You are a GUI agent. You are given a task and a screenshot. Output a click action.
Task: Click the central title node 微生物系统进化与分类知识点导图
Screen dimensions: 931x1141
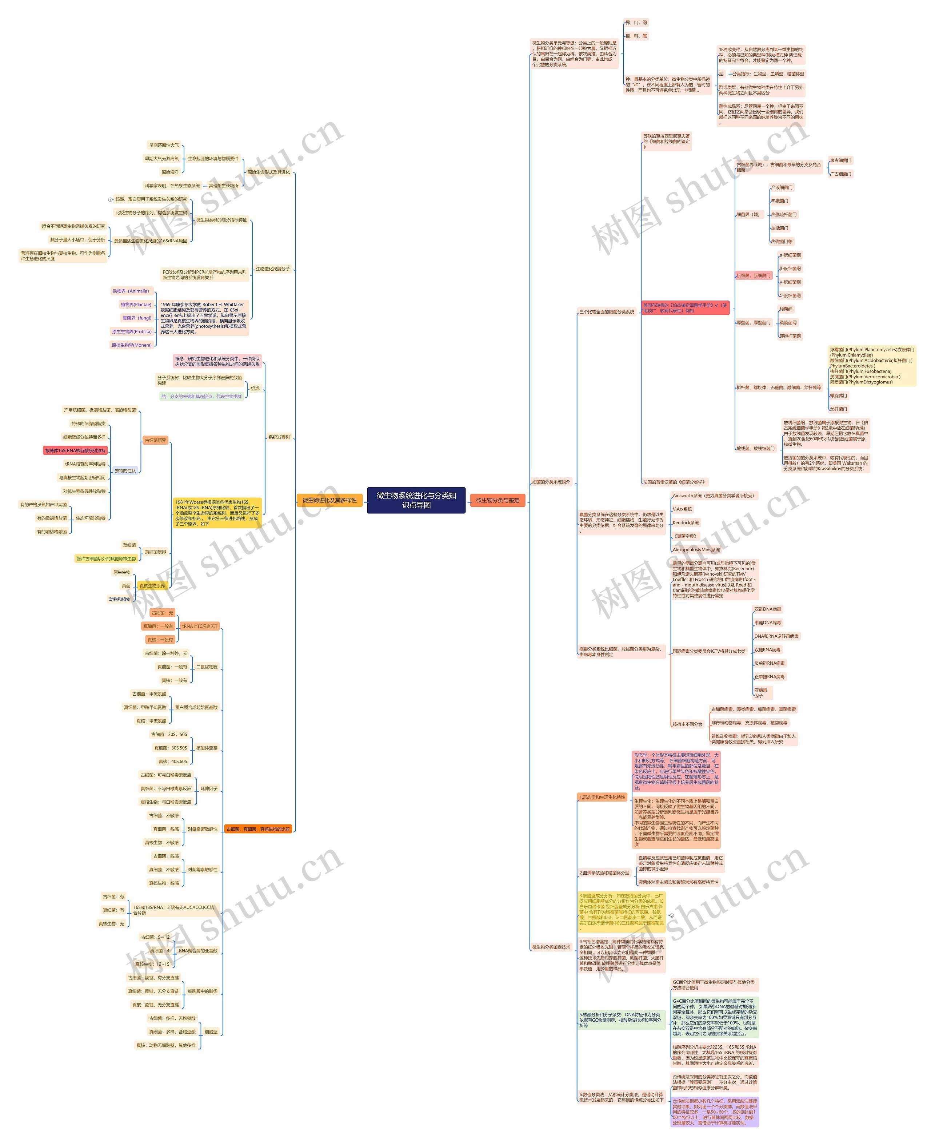click(x=416, y=500)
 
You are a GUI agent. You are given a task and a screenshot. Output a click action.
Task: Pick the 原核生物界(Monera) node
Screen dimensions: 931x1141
click(x=131, y=345)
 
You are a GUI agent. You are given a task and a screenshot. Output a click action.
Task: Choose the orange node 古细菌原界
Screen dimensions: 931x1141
click(x=156, y=440)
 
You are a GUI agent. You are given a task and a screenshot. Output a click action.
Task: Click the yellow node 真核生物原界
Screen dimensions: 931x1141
click(x=152, y=586)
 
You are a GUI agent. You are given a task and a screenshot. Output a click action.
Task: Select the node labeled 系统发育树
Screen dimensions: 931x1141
click(x=279, y=437)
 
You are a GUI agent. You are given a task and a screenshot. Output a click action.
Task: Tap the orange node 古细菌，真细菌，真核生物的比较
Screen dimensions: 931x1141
click(x=258, y=829)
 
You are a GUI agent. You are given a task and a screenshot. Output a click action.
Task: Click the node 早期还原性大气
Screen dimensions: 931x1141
click(x=164, y=145)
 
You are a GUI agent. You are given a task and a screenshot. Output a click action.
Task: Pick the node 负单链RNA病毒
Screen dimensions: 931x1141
click(x=769, y=663)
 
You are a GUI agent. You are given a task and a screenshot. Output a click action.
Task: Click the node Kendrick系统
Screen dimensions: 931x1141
click(x=686, y=522)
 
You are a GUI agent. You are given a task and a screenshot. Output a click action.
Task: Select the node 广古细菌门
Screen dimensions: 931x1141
click(x=840, y=174)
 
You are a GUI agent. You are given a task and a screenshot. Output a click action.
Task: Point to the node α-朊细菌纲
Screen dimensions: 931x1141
click(x=790, y=255)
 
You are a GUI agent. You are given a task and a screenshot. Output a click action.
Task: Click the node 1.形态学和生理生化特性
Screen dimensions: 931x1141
click(x=602, y=797)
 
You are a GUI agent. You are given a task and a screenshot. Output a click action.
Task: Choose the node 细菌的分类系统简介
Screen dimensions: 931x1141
click(x=551, y=482)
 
